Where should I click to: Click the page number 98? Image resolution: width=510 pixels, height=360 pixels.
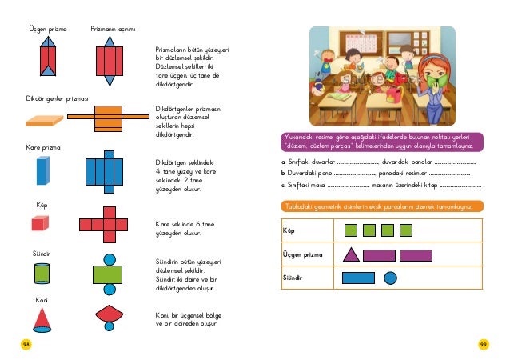(26, 345)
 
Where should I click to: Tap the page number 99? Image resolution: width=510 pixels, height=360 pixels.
(484, 345)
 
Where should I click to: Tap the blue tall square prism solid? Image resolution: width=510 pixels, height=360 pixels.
(42, 170)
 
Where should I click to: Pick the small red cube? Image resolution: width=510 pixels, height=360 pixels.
(41, 223)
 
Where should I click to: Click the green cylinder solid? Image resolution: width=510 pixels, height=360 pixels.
(42, 273)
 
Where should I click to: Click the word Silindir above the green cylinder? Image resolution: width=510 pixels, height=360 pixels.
(42, 253)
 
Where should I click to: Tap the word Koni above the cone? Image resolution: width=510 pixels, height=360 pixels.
(42, 299)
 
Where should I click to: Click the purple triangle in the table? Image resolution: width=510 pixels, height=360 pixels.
(350, 255)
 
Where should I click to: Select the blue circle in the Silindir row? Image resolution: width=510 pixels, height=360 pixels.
(391, 278)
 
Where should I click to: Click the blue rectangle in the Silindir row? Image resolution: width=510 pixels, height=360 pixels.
(358, 278)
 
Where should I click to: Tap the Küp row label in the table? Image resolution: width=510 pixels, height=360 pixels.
(289, 231)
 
